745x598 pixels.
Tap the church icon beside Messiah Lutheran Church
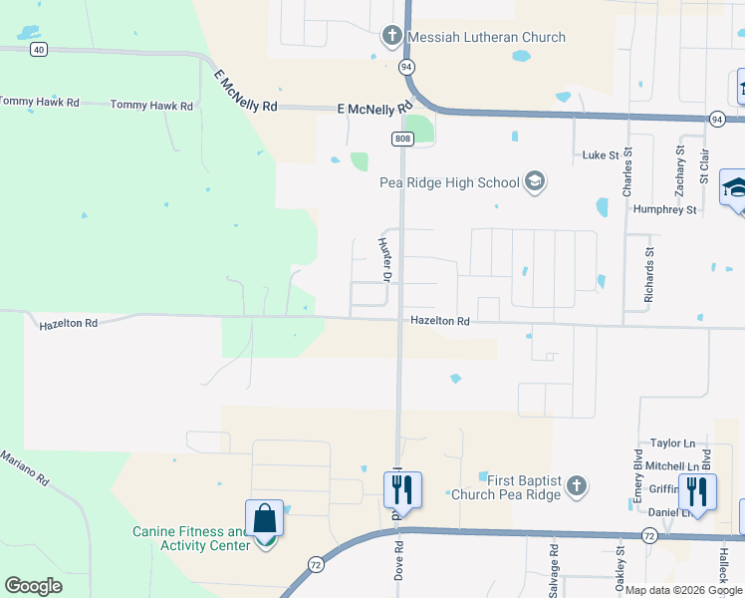coord(392,37)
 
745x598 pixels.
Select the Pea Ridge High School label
coord(449,182)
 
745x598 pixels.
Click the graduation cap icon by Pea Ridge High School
coord(535,181)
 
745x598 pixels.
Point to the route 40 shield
coord(38,48)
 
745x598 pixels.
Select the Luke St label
coord(601,155)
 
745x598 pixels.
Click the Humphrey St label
coord(664,209)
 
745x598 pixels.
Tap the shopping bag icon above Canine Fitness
coord(264,519)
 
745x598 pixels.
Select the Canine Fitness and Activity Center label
coord(190,538)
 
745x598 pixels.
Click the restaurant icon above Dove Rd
coord(402,489)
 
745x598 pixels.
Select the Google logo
coord(34,585)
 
